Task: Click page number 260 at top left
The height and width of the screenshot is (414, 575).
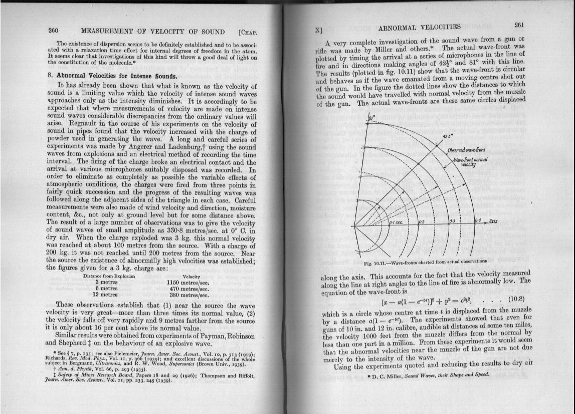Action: [x=54, y=31]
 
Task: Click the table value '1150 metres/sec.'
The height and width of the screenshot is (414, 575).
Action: [x=187, y=282]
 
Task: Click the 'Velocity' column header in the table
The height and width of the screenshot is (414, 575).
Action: [x=192, y=276]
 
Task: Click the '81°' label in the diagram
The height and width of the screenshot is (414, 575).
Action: [x=371, y=118]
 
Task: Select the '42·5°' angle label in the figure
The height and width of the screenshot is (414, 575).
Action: [x=448, y=136]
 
